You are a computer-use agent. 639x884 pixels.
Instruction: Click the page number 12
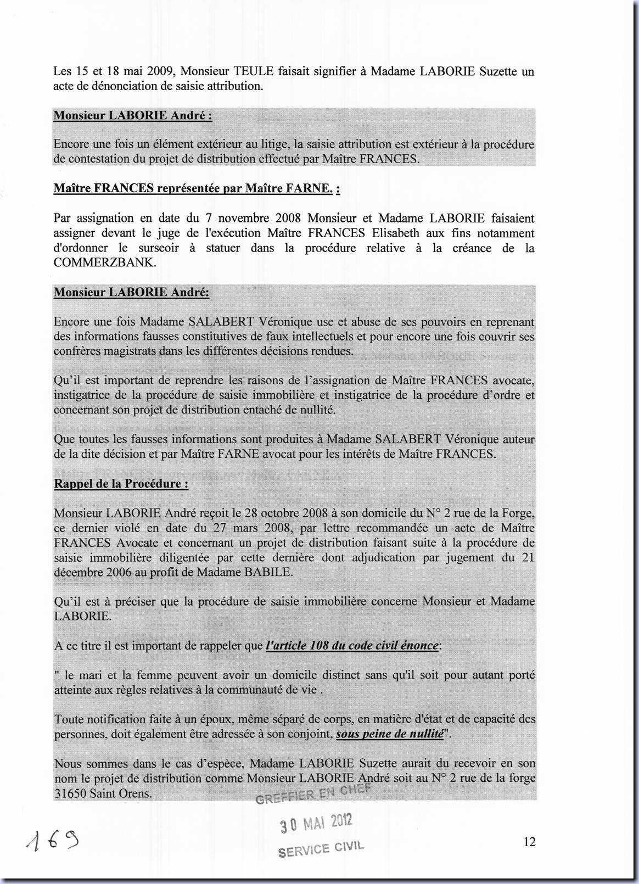529,842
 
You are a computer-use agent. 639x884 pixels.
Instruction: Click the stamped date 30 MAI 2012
316,824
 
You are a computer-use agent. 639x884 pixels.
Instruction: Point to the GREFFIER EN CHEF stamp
313,793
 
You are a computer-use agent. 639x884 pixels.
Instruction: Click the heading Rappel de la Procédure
121,484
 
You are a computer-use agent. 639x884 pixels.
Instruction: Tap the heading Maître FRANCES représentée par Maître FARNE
197,189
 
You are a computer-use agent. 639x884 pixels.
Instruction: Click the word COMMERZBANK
104,262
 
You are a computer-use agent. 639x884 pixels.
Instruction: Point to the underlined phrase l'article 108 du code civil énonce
352,646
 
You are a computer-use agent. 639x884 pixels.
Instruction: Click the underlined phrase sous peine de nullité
389,734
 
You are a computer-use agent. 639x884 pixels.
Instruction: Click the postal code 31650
70,793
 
